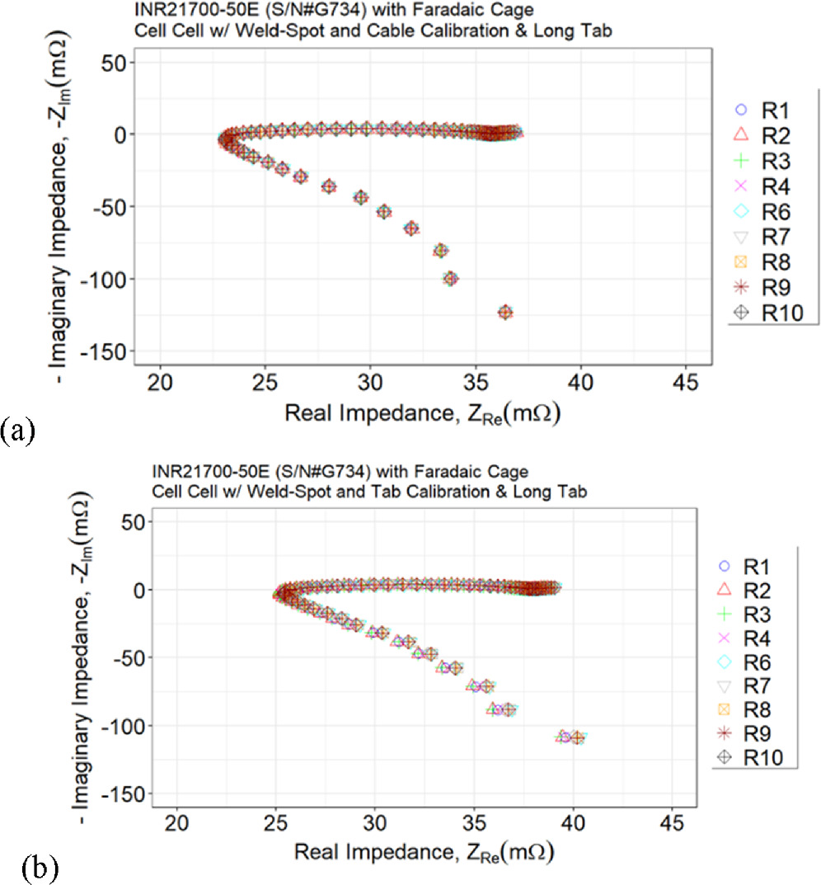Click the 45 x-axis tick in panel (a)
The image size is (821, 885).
pos(686,383)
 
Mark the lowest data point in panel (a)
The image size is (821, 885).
pos(505,312)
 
